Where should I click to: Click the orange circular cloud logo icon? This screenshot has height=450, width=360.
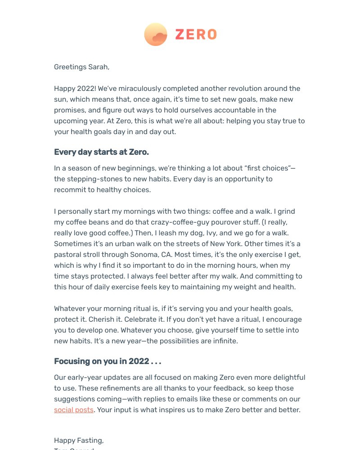[156, 35]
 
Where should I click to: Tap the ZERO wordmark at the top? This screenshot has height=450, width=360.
[196, 35]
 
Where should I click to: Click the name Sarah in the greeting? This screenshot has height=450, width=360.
[98, 67]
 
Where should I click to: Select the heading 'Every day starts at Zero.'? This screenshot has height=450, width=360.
[101, 152]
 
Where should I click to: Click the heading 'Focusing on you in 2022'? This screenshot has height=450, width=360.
[107, 361]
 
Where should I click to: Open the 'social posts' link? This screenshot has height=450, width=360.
[74, 410]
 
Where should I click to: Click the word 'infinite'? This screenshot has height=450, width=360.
[224, 341]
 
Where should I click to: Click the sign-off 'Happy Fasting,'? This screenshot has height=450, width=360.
[79, 441]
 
